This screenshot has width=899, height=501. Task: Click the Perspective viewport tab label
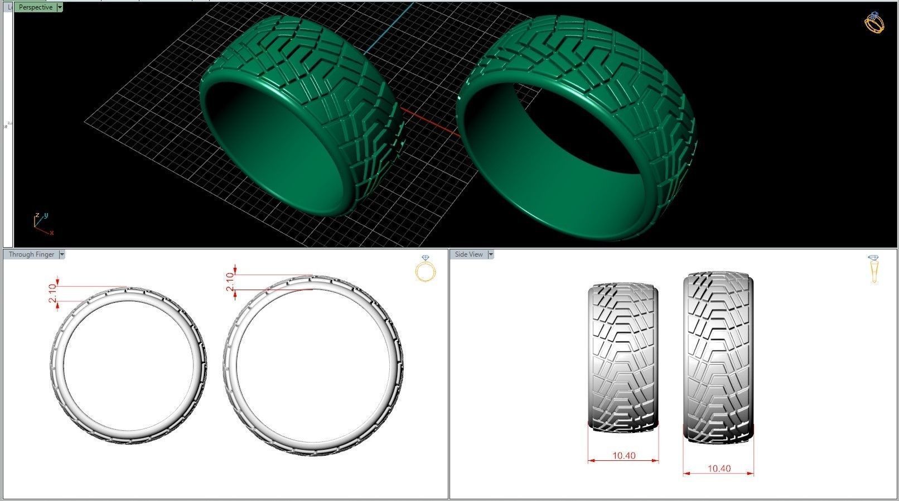coord(36,7)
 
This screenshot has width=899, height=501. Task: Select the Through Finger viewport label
coord(31,254)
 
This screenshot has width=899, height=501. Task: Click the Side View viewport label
coord(468,254)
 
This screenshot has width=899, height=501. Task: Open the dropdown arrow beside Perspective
coord(60,7)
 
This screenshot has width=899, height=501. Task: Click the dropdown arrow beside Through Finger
coord(62,254)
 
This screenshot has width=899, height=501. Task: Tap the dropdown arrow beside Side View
coord(491,254)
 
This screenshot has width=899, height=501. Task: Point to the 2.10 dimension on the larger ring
coord(230,282)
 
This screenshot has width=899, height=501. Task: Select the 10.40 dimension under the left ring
coord(623,456)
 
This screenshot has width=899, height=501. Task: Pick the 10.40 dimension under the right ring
coord(719,469)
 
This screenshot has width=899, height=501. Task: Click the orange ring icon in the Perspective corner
coord(874,23)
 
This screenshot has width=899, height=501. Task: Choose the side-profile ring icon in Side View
coord(873,269)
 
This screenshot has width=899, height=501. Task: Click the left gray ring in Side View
coord(623,357)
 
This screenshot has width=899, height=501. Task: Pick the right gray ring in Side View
coord(718,357)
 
